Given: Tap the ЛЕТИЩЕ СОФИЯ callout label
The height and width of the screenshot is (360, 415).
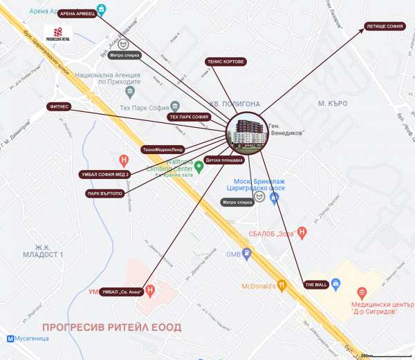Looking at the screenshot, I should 386,27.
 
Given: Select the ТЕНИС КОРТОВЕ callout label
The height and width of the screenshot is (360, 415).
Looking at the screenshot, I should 226,61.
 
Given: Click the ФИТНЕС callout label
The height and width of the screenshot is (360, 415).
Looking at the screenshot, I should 57,106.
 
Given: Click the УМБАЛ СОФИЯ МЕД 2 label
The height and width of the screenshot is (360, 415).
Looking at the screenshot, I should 104,174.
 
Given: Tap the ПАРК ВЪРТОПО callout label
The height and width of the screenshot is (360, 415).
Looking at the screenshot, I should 104,193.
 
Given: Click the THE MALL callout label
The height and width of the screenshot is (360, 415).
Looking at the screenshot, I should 315,284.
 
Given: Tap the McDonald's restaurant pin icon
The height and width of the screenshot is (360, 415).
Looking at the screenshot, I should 282,285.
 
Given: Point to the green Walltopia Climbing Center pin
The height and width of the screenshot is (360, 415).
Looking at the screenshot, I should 199,165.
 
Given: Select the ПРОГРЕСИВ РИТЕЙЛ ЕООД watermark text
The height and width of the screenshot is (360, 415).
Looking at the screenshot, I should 111,327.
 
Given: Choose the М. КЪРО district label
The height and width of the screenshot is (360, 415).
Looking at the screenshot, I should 332,103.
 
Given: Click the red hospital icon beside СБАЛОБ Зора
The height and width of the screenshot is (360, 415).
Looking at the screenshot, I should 301,231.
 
